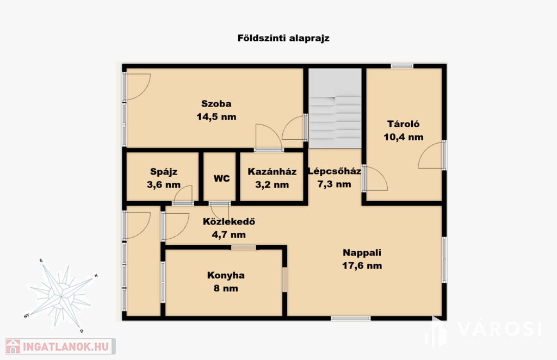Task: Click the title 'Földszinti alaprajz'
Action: pyautogui.click(x=283, y=38)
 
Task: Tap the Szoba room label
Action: pyautogui.click(x=216, y=104)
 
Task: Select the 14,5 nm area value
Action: pyautogui.click(x=216, y=117)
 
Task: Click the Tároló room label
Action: pyautogui.click(x=403, y=124)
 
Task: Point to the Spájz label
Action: pyautogui.click(x=163, y=172)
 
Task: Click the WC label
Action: pyautogui.click(x=222, y=178)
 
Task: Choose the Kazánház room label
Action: pyautogui.click(x=272, y=171)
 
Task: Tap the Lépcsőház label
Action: pyautogui.click(x=335, y=171)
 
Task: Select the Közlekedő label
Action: pyautogui.click(x=229, y=221)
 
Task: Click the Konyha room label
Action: pyautogui.click(x=226, y=275)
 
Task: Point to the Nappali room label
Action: pyautogui.click(x=362, y=252)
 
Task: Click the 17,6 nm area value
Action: pyautogui.click(x=362, y=265)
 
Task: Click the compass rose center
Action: pyautogui.click(x=61, y=296)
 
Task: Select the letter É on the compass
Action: pyautogui.click(x=41, y=261)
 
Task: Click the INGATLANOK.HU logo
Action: pyautogui.click(x=60, y=346)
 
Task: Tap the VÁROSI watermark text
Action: pyautogui.click(x=499, y=329)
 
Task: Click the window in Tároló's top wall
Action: pyautogui.click(x=402, y=66)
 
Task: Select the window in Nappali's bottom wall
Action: pyautogui.click(x=351, y=319)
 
